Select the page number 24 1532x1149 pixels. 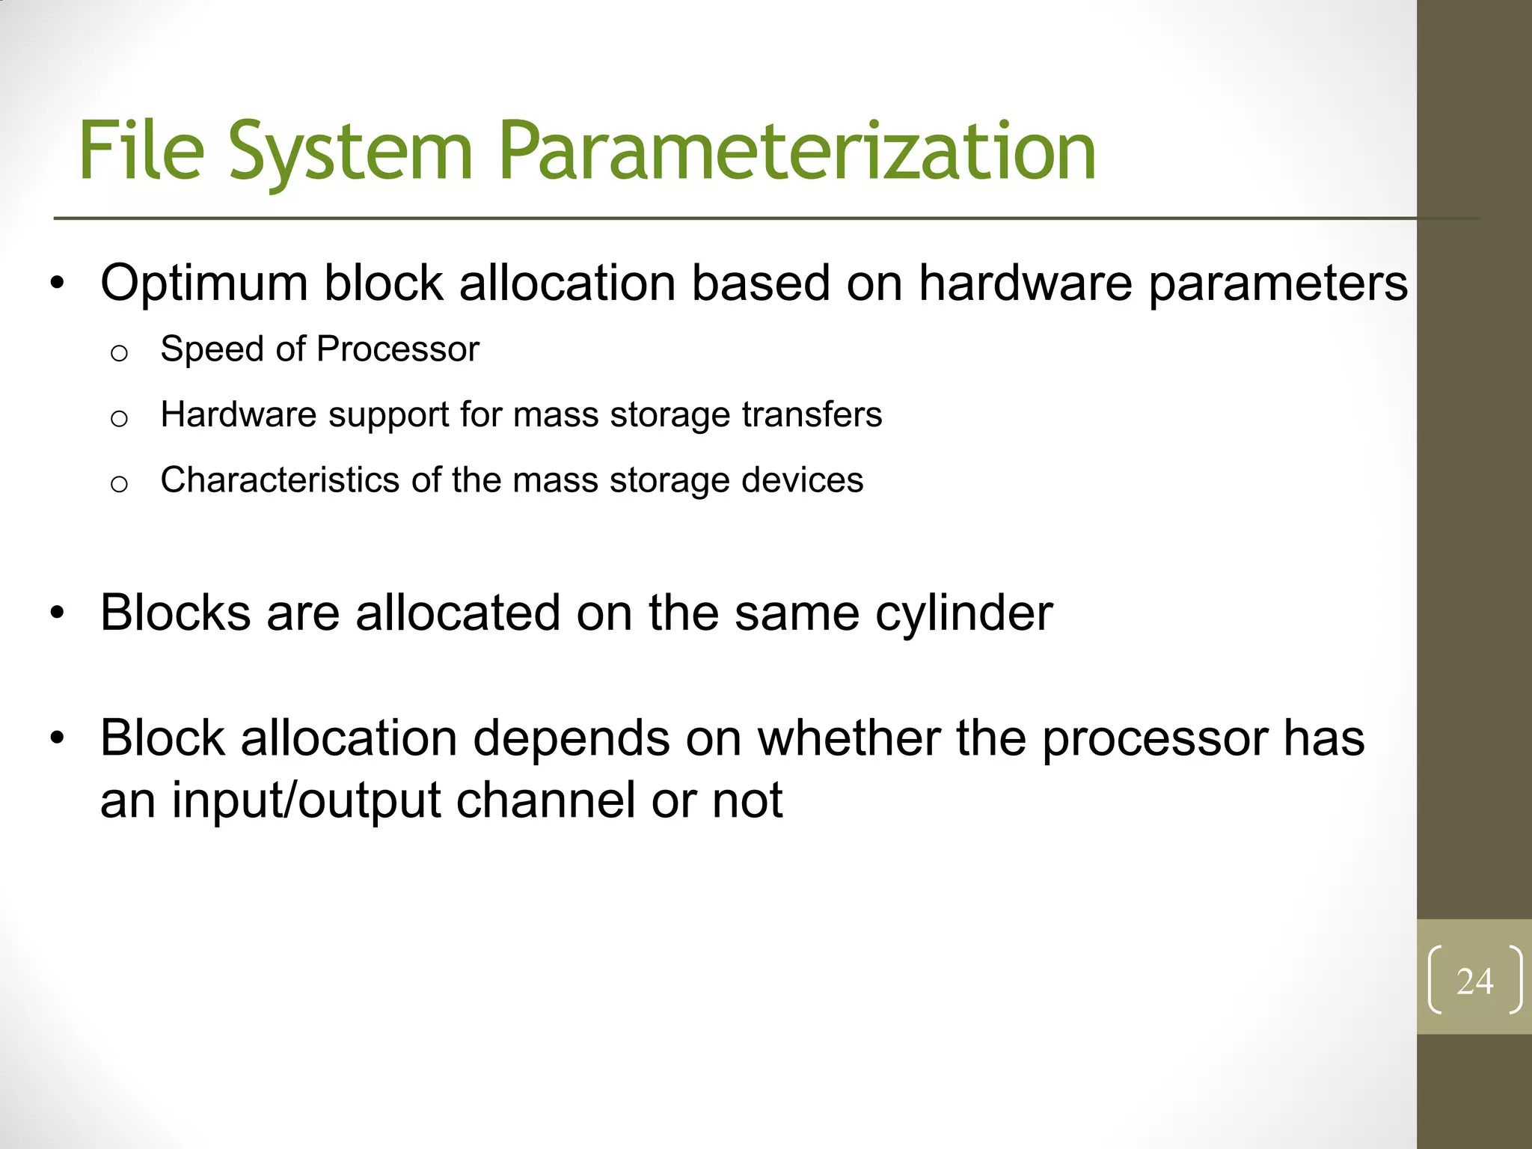pos(1474,981)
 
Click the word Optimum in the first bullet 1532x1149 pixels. pos(203,284)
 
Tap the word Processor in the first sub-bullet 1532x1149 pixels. pos(397,349)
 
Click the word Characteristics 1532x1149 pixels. pos(280,479)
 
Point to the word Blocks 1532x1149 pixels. pos(175,613)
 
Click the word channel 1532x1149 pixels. pos(545,800)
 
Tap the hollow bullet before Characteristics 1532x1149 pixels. pos(119,484)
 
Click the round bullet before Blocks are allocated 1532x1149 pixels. pos(58,614)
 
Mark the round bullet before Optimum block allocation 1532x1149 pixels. pos(58,284)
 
